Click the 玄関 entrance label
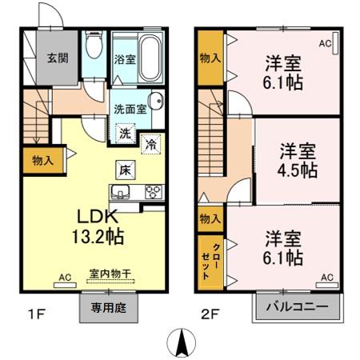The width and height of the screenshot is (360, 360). coord(56,58)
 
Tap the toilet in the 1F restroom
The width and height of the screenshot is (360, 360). coord(92,49)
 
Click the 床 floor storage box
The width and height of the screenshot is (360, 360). coord(125,170)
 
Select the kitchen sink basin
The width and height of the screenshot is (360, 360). coord(122,191)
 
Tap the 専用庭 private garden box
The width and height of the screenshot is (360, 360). coord(108,307)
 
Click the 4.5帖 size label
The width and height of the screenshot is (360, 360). coord(298,170)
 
